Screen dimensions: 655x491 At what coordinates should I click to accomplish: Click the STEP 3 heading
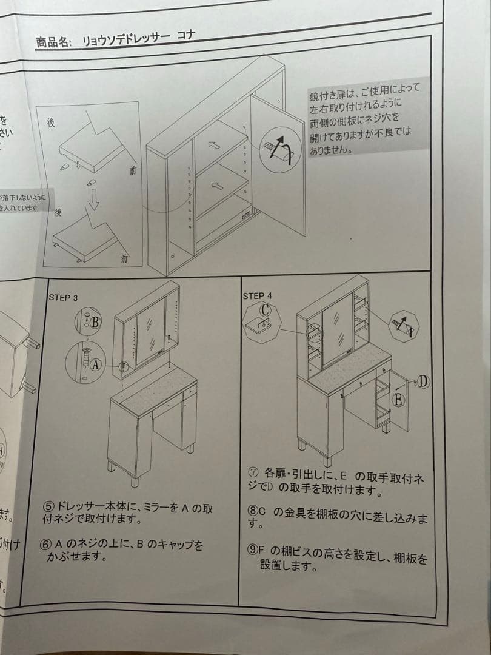[63, 297]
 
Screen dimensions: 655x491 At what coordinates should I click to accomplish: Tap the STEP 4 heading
[257, 296]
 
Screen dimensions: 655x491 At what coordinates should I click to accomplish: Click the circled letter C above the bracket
[264, 309]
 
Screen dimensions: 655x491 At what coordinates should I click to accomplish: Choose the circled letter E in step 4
[398, 400]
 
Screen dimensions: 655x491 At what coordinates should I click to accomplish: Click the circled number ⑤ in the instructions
[48, 506]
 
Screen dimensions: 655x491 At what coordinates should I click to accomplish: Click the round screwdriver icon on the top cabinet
[279, 146]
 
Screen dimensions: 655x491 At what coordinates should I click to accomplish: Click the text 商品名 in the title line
[54, 42]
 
